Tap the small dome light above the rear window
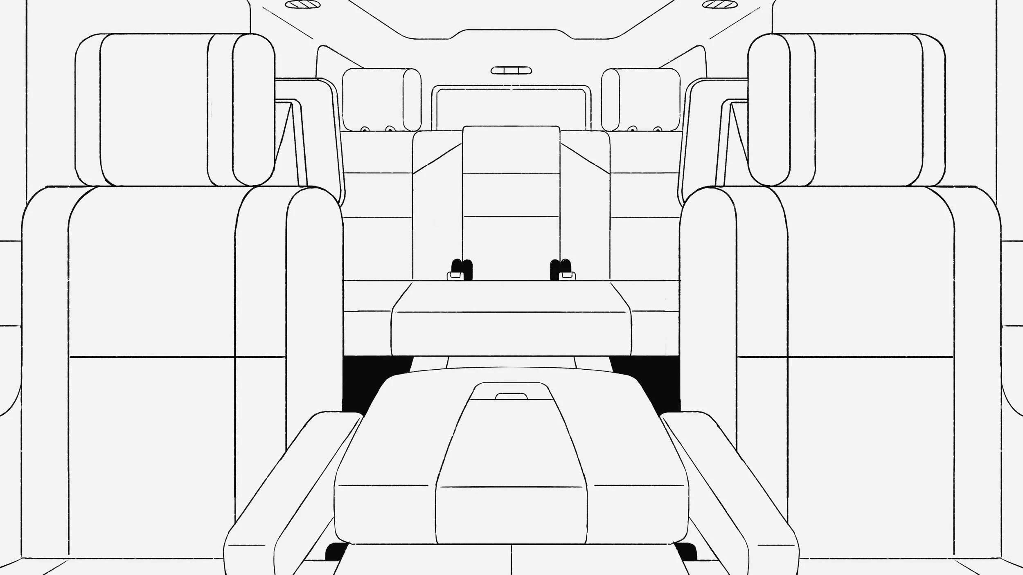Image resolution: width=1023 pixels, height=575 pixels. point(511,70)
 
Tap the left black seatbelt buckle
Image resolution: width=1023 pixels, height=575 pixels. point(461,267)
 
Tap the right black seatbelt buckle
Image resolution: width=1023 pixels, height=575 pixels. point(561,267)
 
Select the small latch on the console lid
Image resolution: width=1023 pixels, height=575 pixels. point(511,396)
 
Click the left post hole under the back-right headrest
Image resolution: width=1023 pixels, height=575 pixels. point(633,129)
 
